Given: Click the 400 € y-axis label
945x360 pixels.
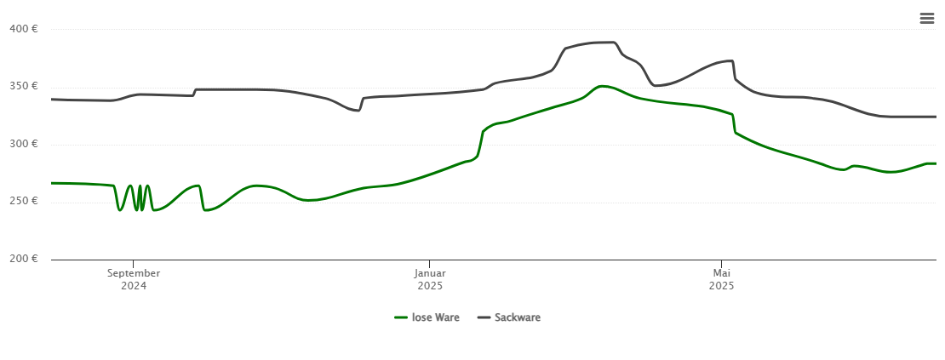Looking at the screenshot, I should (x=23, y=29).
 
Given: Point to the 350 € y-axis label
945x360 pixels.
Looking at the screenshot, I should (x=23, y=86).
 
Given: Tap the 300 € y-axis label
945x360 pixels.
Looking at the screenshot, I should (x=23, y=144).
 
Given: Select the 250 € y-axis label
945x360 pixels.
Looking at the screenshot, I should (x=23, y=201).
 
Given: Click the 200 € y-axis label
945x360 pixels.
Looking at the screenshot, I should (x=23, y=259).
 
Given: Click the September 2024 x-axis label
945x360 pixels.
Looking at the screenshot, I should (x=134, y=279).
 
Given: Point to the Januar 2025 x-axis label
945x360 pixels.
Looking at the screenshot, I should (x=430, y=279).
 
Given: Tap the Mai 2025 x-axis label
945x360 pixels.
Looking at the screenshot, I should (x=721, y=279).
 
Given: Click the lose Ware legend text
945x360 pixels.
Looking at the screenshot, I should (x=435, y=317).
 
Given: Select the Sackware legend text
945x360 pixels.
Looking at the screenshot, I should (x=517, y=317).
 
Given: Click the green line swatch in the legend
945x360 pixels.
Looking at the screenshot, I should (x=401, y=317).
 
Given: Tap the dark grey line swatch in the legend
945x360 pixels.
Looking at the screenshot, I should (x=484, y=317).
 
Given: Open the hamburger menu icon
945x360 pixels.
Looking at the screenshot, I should (x=927, y=18).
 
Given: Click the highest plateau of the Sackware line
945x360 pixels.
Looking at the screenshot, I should (x=601, y=42).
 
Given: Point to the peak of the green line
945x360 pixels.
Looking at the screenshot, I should (x=603, y=86).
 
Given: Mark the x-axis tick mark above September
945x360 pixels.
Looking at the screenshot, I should (x=134, y=263).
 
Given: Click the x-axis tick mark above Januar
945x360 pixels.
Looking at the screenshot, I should (x=430, y=263).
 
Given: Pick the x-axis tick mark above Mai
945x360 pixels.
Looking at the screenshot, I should (x=721, y=263).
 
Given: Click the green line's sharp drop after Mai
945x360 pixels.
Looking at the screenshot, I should (x=734, y=123).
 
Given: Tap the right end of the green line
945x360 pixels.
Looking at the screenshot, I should (x=935, y=163).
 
